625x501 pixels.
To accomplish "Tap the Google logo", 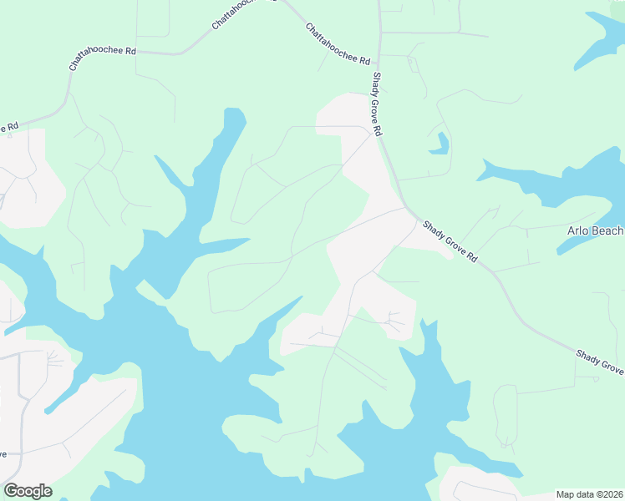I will pyautogui.click(x=28, y=491).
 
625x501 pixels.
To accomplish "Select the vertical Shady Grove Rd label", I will pyautogui.click(x=377, y=104).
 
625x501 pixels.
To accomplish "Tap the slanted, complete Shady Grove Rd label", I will pyautogui.click(x=449, y=242).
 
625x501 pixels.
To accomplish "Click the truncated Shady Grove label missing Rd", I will pyautogui.click(x=599, y=362).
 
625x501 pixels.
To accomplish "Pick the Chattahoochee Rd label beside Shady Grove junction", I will pyautogui.click(x=337, y=44).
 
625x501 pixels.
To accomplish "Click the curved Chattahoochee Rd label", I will pyautogui.click(x=102, y=58).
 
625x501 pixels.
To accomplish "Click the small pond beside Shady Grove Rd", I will pyautogui.click(x=439, y=144).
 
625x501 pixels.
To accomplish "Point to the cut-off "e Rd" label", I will pyautogui.click(x=8, y=127).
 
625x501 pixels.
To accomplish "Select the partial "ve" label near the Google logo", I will pyautogui.click(x=4, y=454).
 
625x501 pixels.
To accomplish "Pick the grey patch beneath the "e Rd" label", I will pyautogui.click(x=29, y=180).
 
